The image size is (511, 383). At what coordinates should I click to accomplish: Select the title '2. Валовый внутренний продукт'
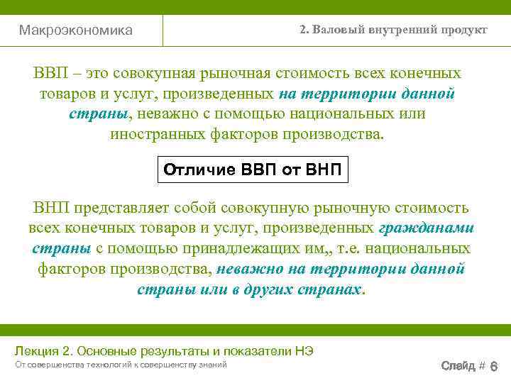tap(393, 30)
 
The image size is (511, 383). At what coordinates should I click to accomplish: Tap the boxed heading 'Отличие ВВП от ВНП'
tap(253, 170)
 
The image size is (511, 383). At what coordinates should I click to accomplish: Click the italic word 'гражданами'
tap(427, 228)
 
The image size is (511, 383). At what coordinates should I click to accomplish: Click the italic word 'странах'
tap(331, 289)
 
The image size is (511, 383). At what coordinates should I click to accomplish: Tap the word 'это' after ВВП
tap(101, 74)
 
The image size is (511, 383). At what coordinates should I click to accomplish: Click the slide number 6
tap(494, 366)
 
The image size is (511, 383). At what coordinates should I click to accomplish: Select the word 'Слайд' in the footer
tap(458, 365)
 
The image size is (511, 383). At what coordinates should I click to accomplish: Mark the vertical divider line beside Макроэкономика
tap(163, 30)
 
